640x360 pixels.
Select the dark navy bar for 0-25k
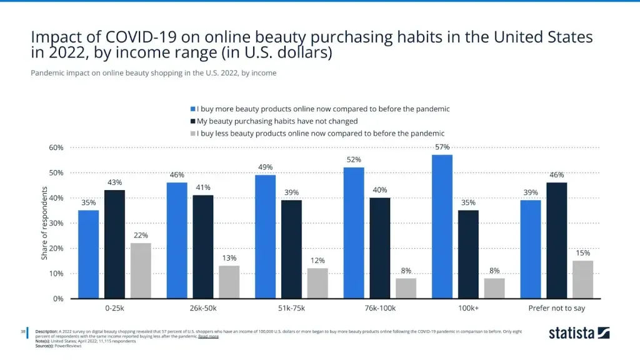pos(114,244)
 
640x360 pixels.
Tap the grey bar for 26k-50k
pos(229,282)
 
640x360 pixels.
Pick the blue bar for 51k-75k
pos(266,237)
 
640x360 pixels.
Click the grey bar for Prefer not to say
pos(582,279)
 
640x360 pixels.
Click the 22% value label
pos(141,235)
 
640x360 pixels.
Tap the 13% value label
pos(229,258)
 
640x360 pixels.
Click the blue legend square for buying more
pos(193,109)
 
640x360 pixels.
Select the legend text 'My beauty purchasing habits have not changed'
pos(277,121)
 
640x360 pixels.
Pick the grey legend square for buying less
pos(193,133)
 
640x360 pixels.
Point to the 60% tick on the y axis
pos(56,147)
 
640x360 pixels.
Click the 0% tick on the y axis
pos(58,299)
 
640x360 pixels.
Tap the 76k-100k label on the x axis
pos(380,308)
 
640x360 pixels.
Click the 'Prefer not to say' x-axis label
pos(557,308)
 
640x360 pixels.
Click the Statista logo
pos(579,332)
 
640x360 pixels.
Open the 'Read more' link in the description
pos(208,336)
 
